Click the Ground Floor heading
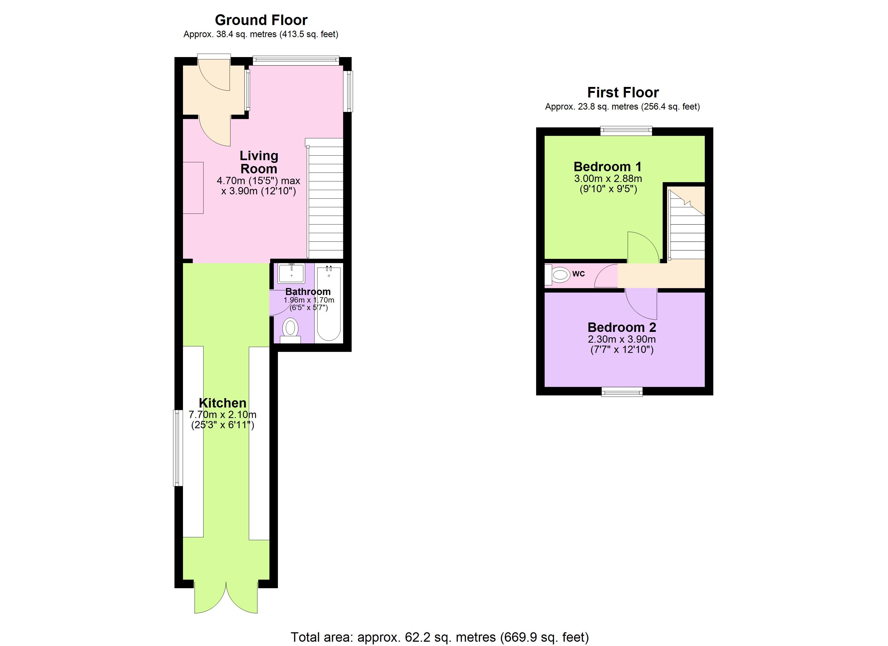coord(261,20)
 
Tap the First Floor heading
coord(623,92)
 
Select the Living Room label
coord(259,162)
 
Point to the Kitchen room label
coord(222,403)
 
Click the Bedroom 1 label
coord(608,167)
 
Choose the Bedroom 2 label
coord(622,327)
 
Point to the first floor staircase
coord(686,224)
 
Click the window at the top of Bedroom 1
coord(626,131)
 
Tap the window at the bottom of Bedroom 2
coord(622,391)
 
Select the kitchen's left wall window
coord(178,448)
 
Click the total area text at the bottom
coord(440,637)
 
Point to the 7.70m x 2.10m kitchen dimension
coord(222,415)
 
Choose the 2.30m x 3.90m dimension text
coord(622,339)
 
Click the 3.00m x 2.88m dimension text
coord(608,179)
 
